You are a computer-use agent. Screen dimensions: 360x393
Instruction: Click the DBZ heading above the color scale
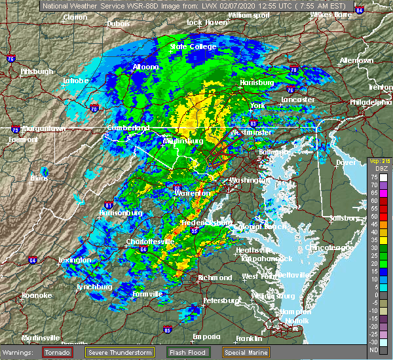pos(377,168)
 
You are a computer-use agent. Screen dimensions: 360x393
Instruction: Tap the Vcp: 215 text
pos(379,160)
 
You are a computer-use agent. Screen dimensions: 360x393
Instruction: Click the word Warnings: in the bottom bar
pos(20,352)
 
